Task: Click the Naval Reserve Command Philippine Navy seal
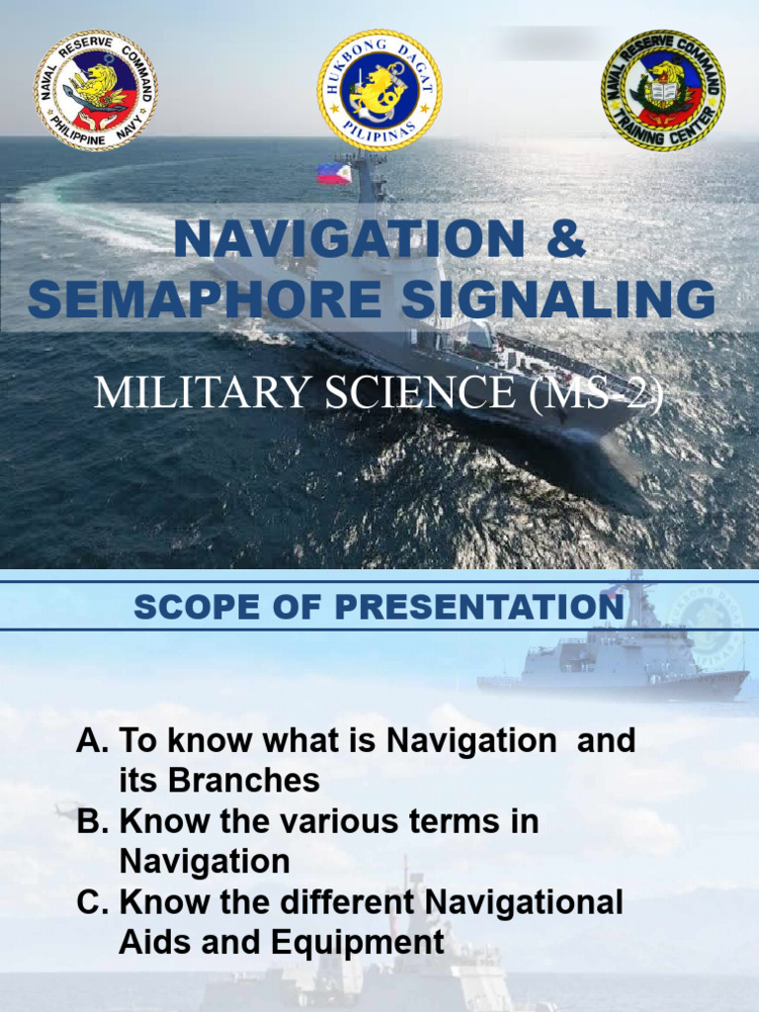(95, 90)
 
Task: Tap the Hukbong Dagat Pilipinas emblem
(379, 90)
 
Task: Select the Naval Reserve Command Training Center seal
(663, 90)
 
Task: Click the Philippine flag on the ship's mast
(334, 174)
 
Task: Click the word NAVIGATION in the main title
(349, 241)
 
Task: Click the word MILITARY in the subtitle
(185, 392)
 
